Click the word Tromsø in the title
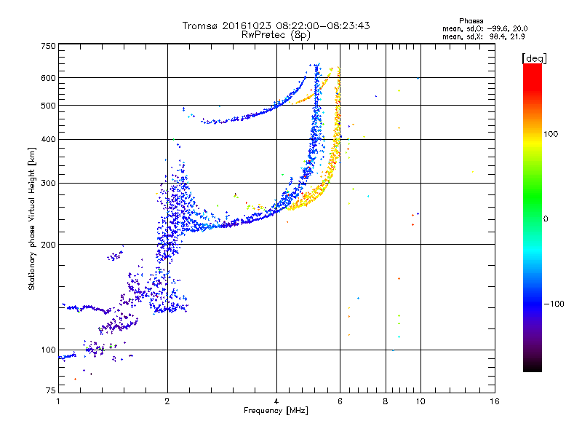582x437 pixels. [201, 25]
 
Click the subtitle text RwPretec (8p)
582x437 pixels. [276, 35]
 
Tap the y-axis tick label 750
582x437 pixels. [48, 46]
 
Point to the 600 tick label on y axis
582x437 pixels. [48, 78]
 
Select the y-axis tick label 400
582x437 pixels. [48, 139]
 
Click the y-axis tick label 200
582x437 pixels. [48, 245]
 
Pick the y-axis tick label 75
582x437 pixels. [51, 390]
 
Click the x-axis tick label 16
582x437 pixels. [495, 401]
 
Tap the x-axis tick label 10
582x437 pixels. [420, 401]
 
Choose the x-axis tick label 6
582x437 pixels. [340, 401]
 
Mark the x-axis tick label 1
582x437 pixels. [58, 401]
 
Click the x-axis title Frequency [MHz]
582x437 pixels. [276, 411]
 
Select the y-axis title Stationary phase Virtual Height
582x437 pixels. [31, 219]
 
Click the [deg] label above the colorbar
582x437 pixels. [534, 58]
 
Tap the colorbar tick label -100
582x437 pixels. [554, 304]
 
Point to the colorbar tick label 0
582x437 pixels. [545, 219]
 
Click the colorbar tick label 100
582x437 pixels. [551, 134]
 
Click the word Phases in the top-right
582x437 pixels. [471, 21]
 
